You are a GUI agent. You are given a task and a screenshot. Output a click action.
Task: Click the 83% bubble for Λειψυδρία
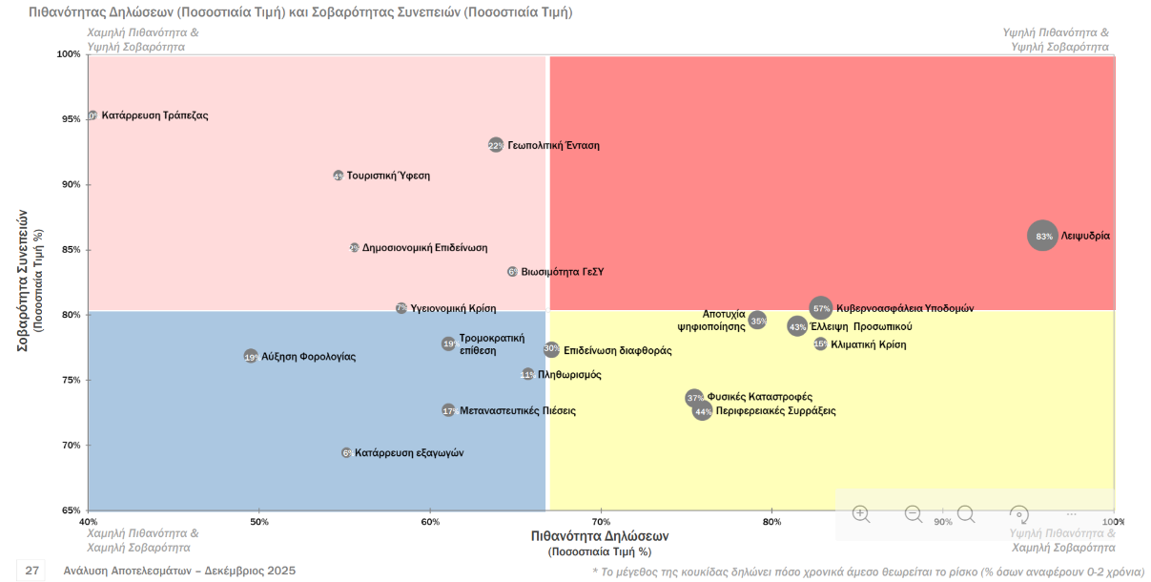pos(1043,236)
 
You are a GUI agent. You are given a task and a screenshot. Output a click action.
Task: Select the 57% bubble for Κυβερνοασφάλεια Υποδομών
pos(821,308)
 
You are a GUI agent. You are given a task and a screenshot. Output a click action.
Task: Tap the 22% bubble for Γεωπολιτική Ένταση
pos(496,145)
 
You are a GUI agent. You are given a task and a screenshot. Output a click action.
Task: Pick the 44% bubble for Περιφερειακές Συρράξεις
pos(703,411)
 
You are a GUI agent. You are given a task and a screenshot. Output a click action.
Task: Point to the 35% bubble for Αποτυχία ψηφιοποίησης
pos(758,321)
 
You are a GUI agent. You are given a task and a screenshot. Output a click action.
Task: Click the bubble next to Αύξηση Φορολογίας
pos(251,357)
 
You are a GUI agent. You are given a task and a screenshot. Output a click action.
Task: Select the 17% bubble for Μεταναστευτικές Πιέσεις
pos(448,410)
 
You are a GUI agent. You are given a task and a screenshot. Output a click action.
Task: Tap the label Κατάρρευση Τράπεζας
pos(154,115)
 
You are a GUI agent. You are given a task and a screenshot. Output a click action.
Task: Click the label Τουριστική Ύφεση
pos(388,176)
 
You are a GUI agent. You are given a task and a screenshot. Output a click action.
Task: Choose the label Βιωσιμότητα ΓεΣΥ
pos(562,272)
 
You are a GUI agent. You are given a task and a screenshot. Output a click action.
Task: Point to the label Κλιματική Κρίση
pos(868,344)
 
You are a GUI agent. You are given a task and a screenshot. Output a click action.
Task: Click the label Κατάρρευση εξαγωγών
pos(409,453)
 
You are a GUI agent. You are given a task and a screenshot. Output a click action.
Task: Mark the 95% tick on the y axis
pos(71,119)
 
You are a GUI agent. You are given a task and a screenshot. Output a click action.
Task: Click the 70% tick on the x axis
pos(601,522)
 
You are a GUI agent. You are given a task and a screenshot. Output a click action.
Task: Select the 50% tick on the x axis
pos(258,522)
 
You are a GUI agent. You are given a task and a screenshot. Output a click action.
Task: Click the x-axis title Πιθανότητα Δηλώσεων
pos(600,537)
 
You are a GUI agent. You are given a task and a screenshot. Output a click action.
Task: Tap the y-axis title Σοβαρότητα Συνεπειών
pos(24,281)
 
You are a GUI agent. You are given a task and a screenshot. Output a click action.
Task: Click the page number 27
pos(32,571)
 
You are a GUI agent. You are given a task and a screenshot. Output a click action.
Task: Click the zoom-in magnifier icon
pos(861,514)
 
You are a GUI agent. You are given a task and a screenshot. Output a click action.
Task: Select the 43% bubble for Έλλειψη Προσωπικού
pos(798,326)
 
